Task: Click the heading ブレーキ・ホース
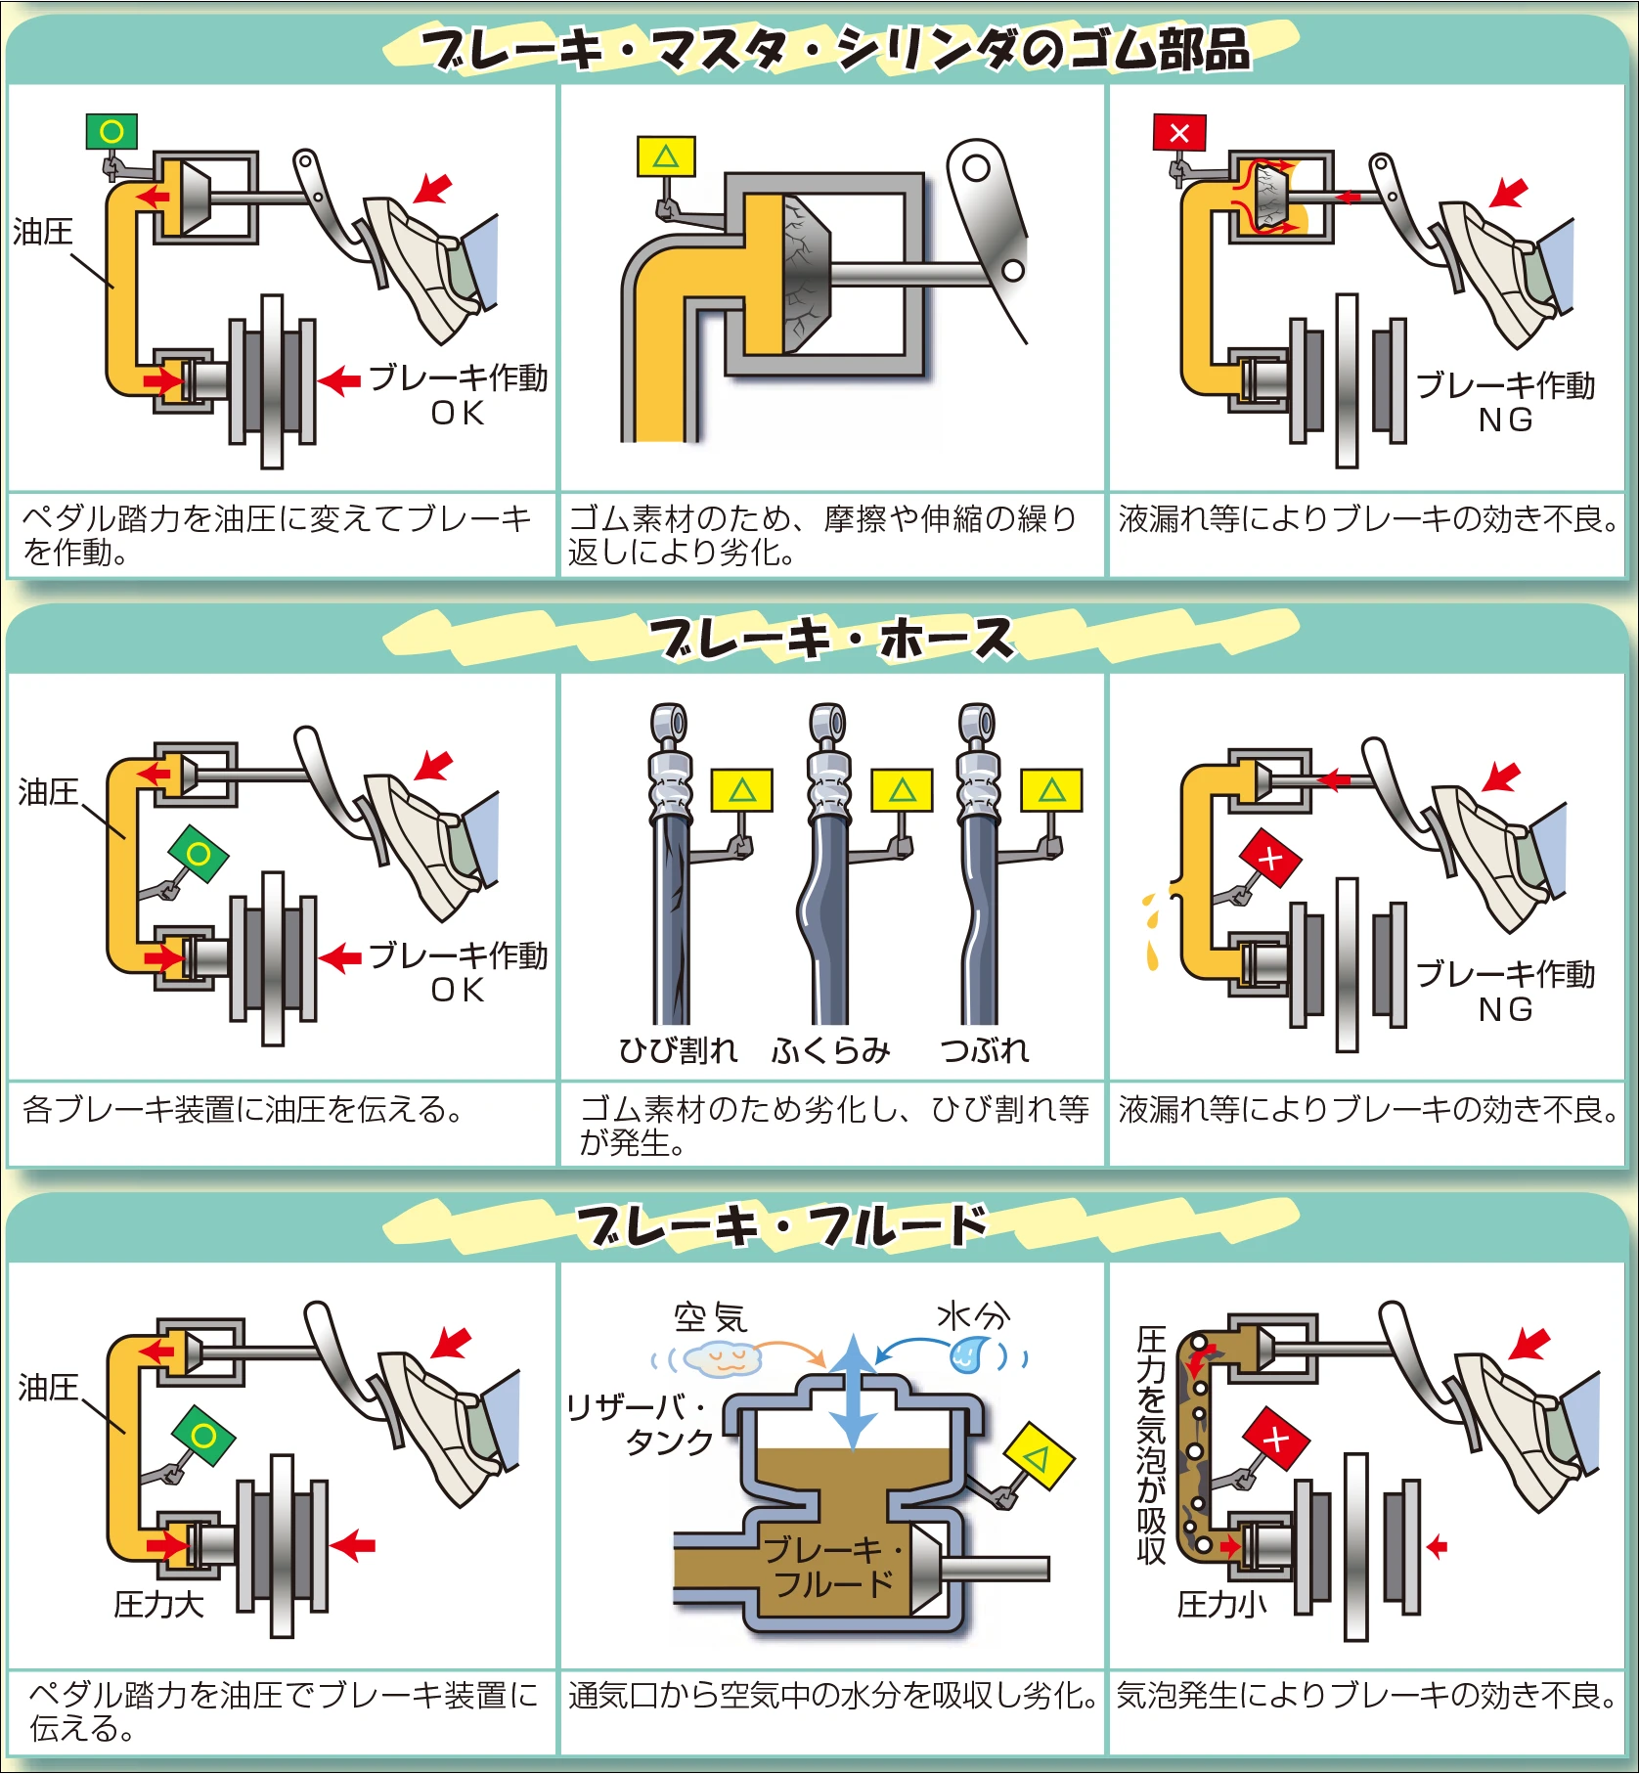pos(833,639)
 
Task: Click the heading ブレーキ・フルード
pos(782,1226)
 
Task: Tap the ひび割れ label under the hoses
pos(678,1050)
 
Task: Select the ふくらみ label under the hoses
pos(831,1050)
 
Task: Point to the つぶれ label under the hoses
pos(985,1050)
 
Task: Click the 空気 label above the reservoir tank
pos(711,1317)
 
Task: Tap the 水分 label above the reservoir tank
pos(973,1315)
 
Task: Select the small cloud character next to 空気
pos(724,1358)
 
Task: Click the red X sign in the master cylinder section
pos(1179,133)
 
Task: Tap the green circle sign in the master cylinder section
pos(111,131)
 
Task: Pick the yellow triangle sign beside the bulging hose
pos(902,790)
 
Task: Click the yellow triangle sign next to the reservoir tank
pos(1040,1457)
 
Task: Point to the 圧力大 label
pos(158,1604)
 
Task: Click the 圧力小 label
pos(1222,1604)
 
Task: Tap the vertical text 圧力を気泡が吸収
pos(1152,1444)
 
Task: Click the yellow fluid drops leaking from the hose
pos(1152,929)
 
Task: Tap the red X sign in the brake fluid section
pos(1275,1439)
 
